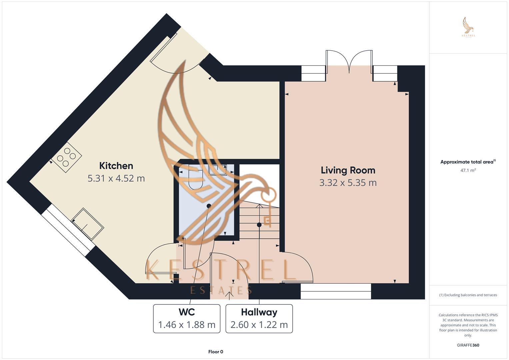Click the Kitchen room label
click(x=116, y=166)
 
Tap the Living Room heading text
click(x=348, y=170)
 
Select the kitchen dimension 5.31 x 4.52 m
click(x=116, y=178)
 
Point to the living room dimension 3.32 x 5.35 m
click(x=348, y=183)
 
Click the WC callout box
click(x=186, y=318)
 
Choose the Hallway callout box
click(x=259, y=318)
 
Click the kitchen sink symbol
click(x=88, y=224)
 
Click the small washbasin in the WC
click(x=217, y=170)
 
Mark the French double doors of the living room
click(x=349, y=62)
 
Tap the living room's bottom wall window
click(x=335, y=291)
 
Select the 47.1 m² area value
click(x=468, y=170)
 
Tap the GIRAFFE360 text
click(x=468, y=345)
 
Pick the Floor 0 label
click(x=215, y=352)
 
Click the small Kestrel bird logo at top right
click(x=468, y=27)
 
